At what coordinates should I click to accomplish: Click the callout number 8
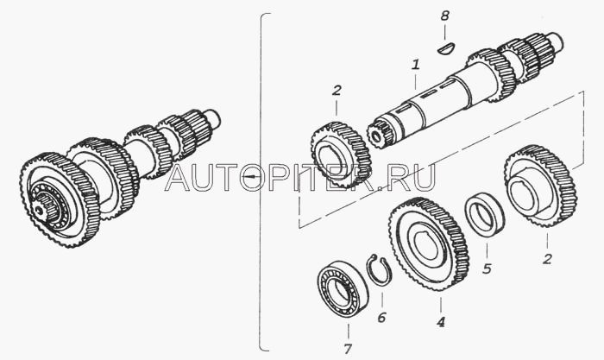click(445, 16)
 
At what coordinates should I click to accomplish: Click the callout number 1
click(415, 65)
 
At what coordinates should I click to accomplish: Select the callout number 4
click(441, 321)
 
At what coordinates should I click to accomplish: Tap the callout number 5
click(487, 268)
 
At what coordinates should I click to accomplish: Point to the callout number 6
click(381, 318)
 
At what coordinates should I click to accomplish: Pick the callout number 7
click(348, 349)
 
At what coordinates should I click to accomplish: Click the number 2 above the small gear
click(337, 91)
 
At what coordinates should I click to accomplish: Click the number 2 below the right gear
click(547, 259)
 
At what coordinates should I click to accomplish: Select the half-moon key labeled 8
click(447, 49)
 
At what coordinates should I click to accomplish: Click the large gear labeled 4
click(428, 244)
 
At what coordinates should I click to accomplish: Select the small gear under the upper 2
click(341, 154)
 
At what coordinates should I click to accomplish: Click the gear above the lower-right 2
click(540, 186)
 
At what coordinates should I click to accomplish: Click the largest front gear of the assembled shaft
click(59, 199)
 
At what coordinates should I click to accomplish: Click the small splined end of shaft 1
click(380, 134)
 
